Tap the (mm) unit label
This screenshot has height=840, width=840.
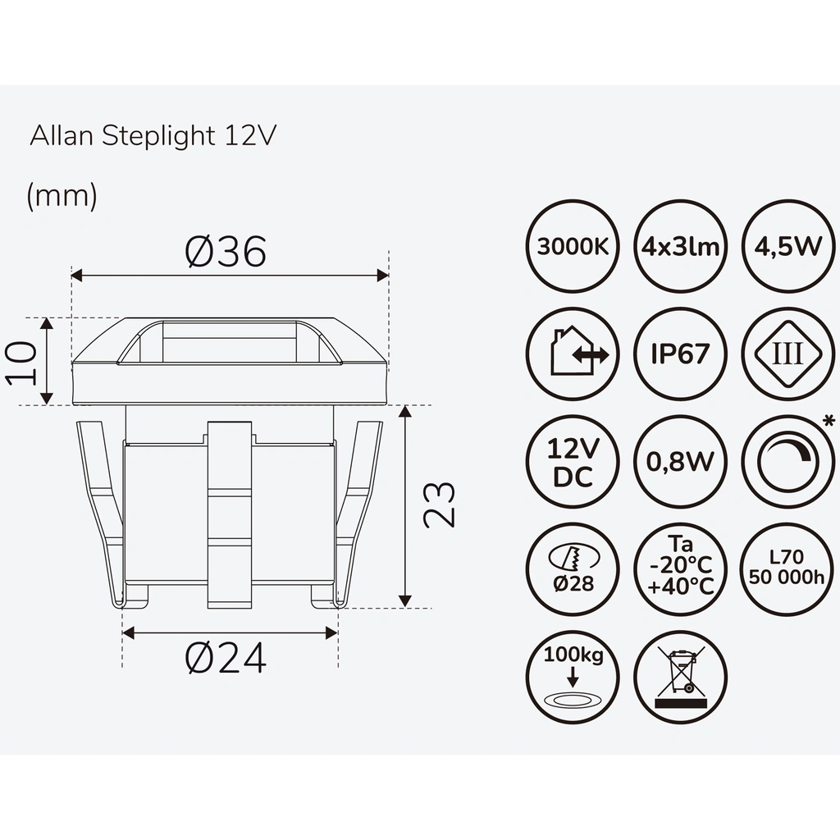tap(62, 196)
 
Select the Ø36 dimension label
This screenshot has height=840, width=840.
tap(226, 252)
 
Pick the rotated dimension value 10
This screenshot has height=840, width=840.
tap(21, 362)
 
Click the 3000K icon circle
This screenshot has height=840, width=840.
tap(573, 246)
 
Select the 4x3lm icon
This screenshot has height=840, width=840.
tap(681, 246)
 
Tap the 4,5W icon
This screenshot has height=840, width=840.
tap(787, 246)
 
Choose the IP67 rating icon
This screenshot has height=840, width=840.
tap(681, 354)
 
